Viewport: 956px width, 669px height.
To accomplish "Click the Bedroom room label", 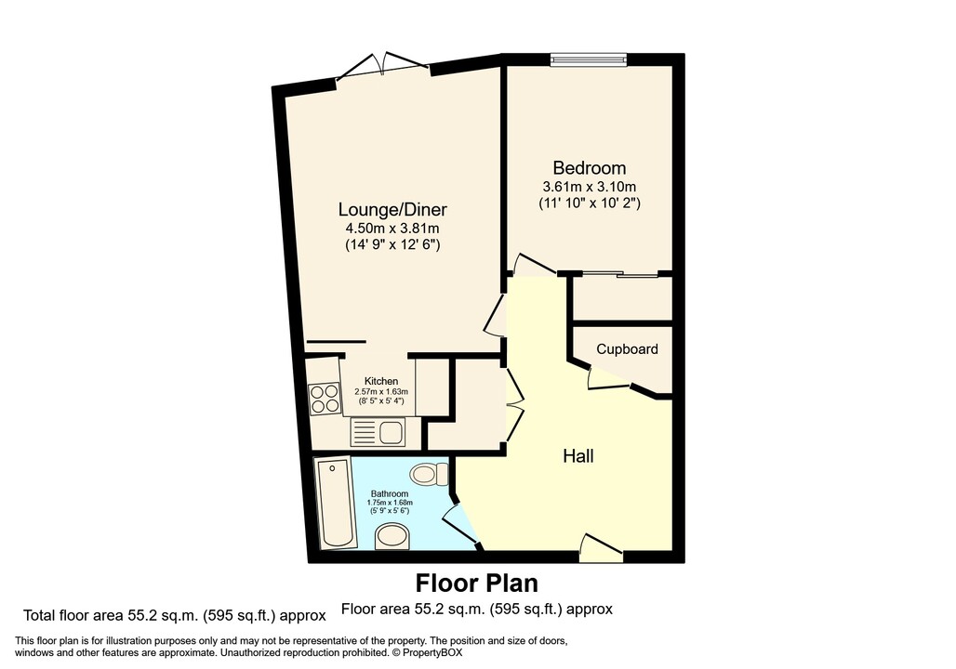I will coord(589,168).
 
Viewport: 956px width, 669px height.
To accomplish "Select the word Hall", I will coord(578,456).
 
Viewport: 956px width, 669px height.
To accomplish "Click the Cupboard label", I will coord(627,349).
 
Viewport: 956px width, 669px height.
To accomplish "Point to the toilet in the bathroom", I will coord(426,475).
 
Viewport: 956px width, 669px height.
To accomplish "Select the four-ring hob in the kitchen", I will coord(325,400).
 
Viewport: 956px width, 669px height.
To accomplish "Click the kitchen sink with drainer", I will coord(377,432).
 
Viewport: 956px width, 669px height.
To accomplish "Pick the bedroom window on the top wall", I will coord(588,59).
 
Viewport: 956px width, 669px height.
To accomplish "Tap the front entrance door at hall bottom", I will coord(600,549).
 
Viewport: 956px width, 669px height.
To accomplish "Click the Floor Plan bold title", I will coord(476,584).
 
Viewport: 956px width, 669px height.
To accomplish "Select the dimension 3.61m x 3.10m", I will coord(589,187).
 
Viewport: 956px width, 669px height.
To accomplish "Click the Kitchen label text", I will coord(381,381).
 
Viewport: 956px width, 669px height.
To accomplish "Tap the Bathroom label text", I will coord(389,493).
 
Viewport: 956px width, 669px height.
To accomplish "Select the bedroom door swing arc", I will coord(531,264).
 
